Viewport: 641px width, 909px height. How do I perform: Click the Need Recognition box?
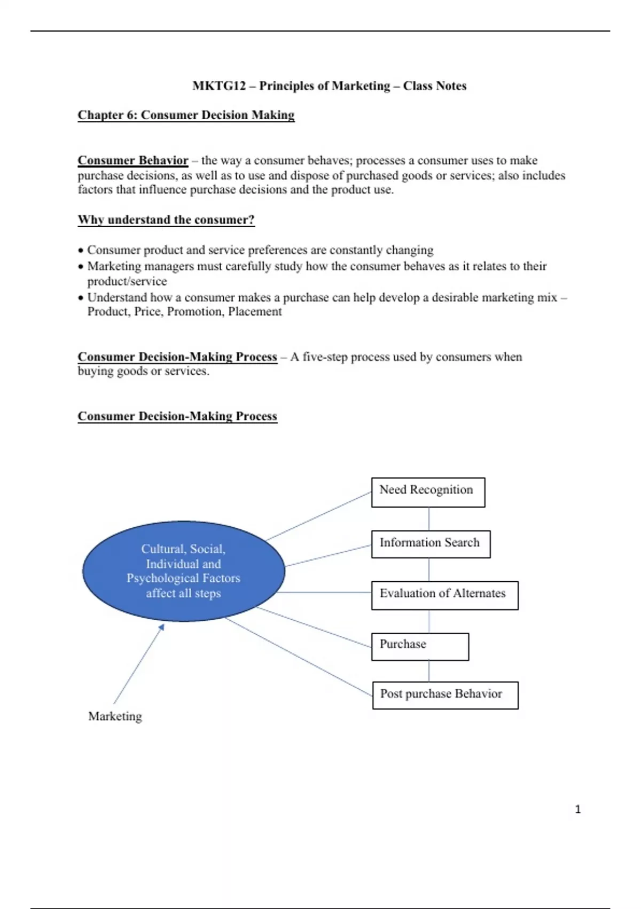pyautogui.click(x=428, y=492)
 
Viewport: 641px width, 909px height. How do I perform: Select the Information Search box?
pyautogui.click(x=431, y=544)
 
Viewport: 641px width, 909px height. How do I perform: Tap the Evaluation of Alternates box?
pyautogui.click(x=444, y=595)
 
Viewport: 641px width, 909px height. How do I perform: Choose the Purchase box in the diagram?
pyautogui.click(x=420, y=646)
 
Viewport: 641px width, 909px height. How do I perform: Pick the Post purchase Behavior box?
pyautogui.click(x=445, y=695)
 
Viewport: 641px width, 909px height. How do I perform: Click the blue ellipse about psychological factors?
pyautogui.click(x=183, y=571)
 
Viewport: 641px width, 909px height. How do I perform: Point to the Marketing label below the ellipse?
pyautogui.click(x=115, y=716)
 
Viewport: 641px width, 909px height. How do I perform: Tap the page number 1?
pyautogui.click(x=577, y=810)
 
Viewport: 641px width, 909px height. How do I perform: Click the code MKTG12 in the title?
pyautogui.click(x=219, y=86)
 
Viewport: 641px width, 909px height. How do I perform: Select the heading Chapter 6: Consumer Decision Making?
pyautogui.click(x=186, y=115)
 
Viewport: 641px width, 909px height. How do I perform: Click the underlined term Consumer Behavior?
pyautogui.click(x=133, y=160)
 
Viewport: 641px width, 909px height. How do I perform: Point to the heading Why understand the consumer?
pyautogui.click(x=166, y=220)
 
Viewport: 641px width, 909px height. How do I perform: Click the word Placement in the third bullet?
pyautogui.click(x=255, y=312)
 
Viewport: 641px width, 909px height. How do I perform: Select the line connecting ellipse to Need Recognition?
pyautogui.click(x=319, y=516)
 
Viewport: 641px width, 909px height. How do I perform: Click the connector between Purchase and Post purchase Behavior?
pyautogui.click(x=429, y=671)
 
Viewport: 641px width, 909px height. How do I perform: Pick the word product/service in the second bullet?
pyautogui.click(x=127, y=281)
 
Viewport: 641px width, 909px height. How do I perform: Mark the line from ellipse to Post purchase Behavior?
pyautogui.click(x=299, y=657)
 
